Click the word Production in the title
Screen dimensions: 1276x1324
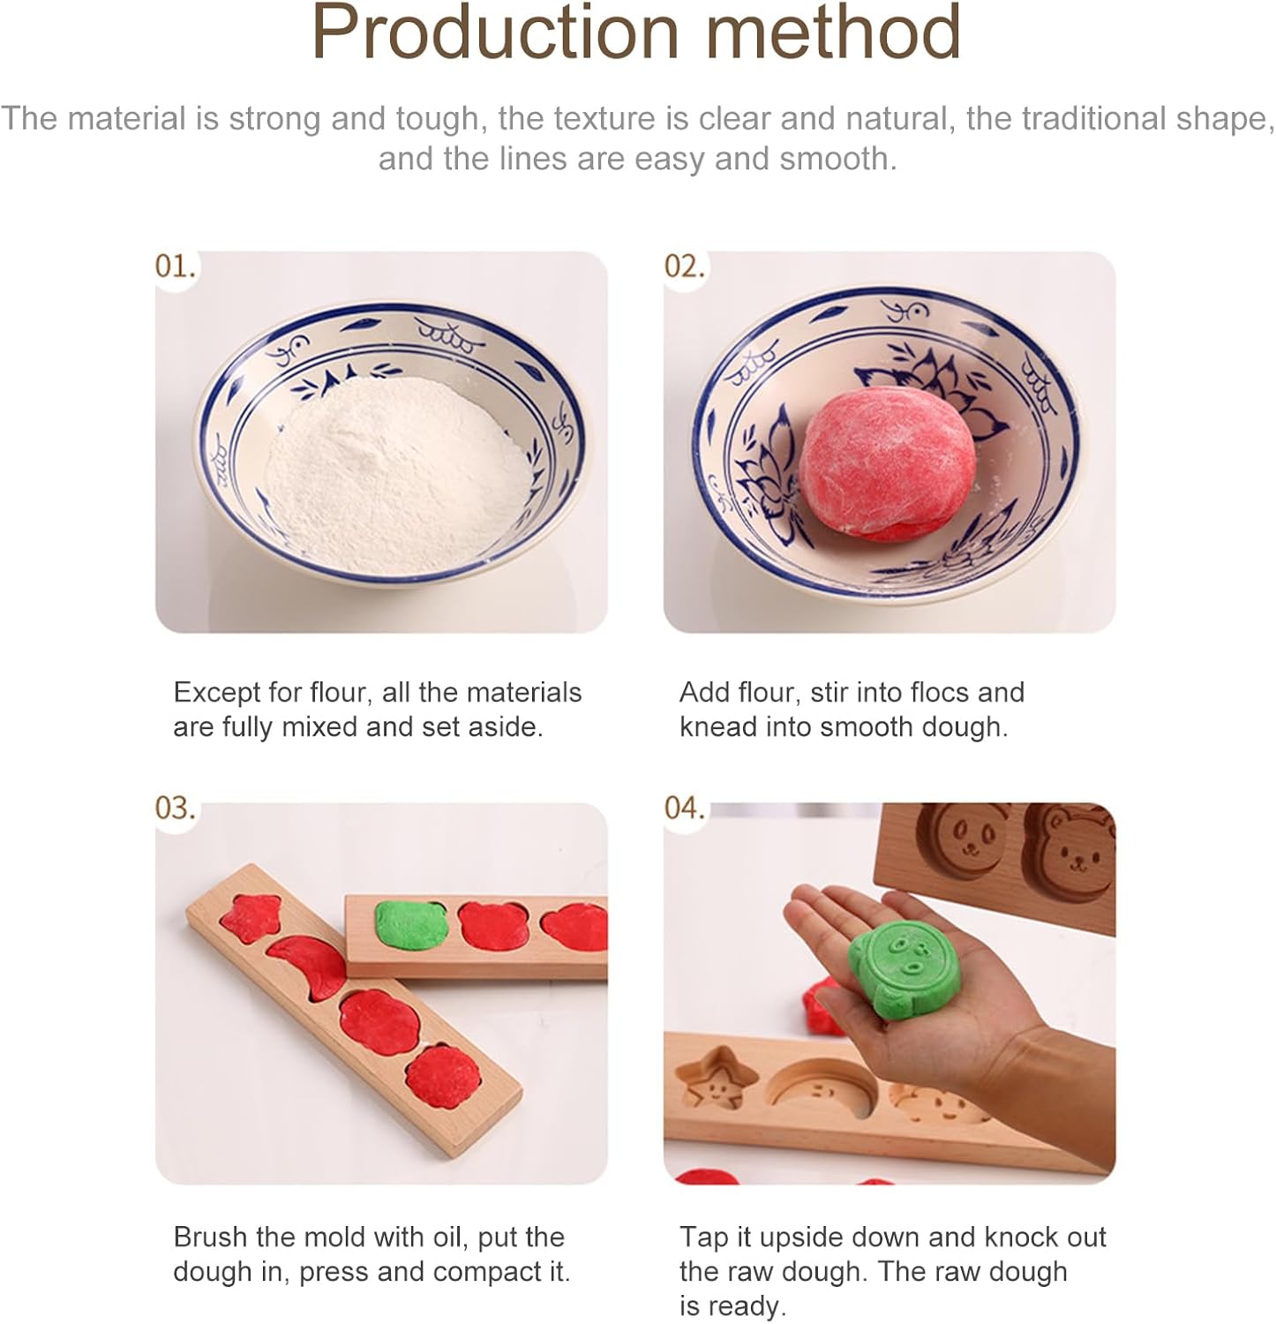point(495,32)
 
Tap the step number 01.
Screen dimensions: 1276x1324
point(175,266)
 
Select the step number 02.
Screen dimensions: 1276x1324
point(685,266)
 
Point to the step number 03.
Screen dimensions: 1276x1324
point(175,808)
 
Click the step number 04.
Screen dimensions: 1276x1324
point(685,808)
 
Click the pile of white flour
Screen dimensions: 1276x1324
point(397,472)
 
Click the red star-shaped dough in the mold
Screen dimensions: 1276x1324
point(251,915)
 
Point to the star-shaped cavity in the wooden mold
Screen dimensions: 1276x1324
point(717,1080)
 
